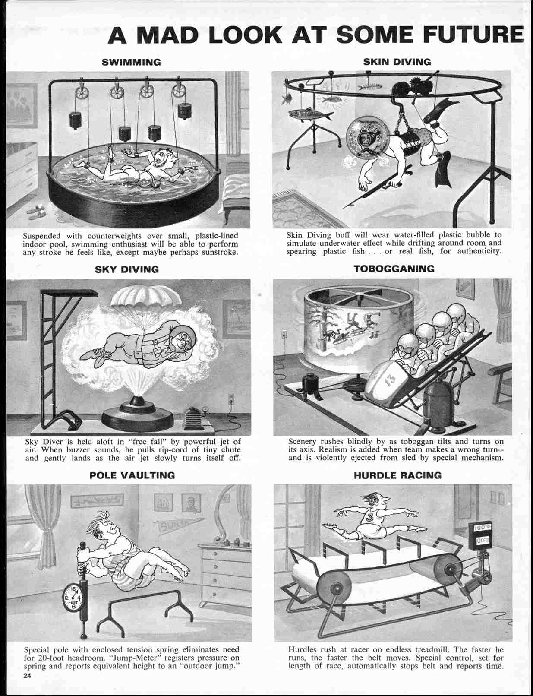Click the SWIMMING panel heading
click(x=131, y=62)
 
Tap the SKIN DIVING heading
click(x=397, y=61)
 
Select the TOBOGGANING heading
click(x=394, y=269)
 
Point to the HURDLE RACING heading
click(x=397, y=475)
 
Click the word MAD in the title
click(x=168, y=35)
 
